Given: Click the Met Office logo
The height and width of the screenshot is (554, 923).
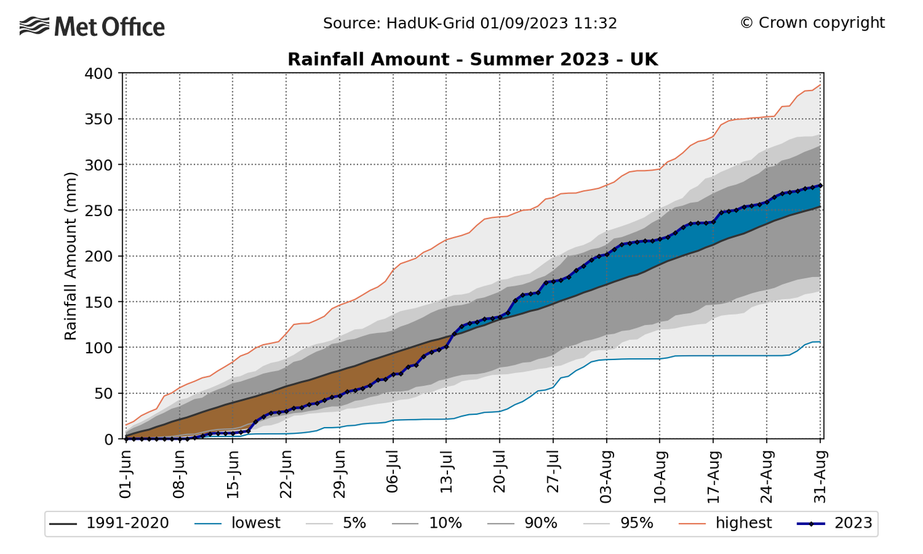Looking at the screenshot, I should click(x=92, y=27).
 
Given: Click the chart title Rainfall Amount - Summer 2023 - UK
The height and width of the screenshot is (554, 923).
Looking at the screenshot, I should click(x=472, y=59).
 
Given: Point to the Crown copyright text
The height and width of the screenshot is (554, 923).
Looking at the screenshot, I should click(x=812, y=23).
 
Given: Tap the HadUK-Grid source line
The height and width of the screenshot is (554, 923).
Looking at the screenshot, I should click(x=470, y=23).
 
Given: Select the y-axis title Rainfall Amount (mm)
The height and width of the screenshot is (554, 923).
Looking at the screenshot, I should click(x=70, y=256).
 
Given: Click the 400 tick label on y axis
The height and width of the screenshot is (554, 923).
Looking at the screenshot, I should click(x=100, y=73).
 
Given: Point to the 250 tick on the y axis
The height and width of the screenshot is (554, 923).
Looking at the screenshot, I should click(x=100, y=210).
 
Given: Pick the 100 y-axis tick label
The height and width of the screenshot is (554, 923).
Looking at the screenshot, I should click(x=100, y=347).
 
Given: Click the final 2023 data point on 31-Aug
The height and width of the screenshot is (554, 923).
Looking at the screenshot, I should click(x=820, y=185).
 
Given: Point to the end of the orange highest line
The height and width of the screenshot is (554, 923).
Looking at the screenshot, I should click(x=820, y=85).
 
